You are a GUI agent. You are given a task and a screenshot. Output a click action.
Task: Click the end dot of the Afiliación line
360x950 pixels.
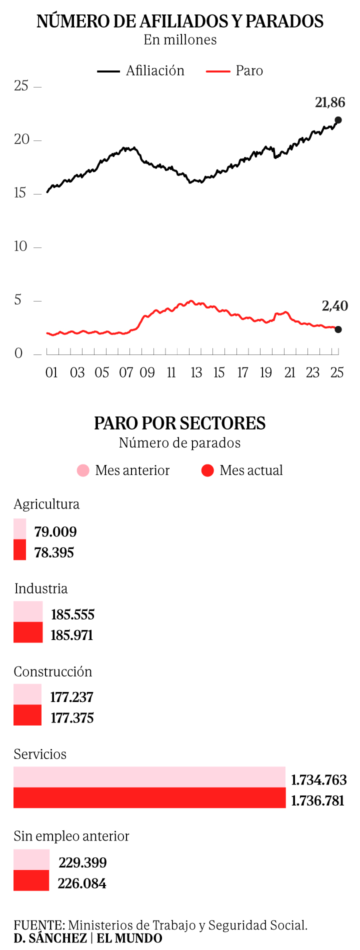(x=338, y=120)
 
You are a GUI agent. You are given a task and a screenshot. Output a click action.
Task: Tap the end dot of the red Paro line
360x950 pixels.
(x=338, y=329)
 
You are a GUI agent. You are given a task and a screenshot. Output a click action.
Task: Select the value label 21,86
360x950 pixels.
(x=330, y=102)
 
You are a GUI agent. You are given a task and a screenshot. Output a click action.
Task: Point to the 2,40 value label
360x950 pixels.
(x=334, y=305)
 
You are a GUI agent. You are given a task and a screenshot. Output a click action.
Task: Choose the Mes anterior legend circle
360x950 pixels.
(x=83, y=470)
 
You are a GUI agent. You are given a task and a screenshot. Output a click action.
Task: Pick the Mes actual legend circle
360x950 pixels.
(x=207, y=470)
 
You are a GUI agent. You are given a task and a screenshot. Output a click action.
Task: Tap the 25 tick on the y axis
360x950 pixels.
(x=21, y=86)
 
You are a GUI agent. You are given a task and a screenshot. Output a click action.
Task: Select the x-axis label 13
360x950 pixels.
(x=196, y=372)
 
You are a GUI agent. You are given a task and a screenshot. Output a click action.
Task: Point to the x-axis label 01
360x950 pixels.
(x=51, y=372)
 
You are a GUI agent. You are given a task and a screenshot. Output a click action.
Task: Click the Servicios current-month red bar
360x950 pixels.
(x=149, y=797)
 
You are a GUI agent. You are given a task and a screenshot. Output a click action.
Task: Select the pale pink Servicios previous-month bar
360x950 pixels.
(x=149, y=777)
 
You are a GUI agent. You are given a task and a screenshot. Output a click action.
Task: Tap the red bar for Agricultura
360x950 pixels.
(x=19, y=549)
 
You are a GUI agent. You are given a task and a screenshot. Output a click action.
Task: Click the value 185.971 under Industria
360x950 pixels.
(x=72, y=635)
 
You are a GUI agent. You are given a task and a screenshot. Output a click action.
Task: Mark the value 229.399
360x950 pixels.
(x=82, y=862)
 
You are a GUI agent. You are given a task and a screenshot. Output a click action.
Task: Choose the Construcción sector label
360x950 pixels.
(x=53, y=671)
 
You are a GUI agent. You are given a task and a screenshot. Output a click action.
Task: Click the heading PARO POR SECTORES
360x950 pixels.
(x=180, y=423)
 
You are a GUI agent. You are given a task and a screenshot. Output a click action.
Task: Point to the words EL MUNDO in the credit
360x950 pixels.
(x=129, y=938)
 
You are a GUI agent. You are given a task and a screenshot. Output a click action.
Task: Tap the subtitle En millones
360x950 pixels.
(x=180, y=40)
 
